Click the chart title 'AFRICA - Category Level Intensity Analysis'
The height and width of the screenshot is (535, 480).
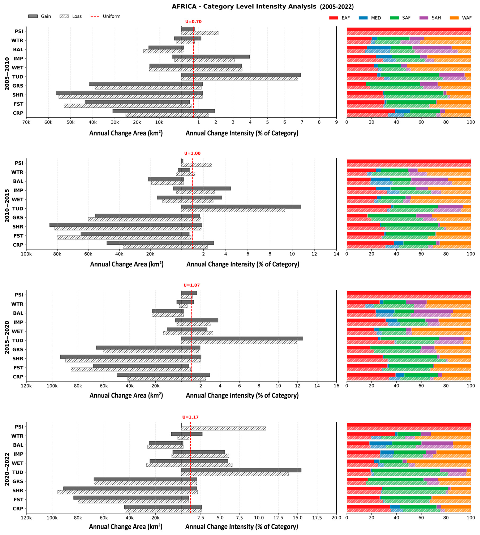pos(244,7)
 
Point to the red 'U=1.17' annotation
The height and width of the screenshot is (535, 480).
pos(190,417)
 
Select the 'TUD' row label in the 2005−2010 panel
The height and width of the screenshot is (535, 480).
pos(18,77)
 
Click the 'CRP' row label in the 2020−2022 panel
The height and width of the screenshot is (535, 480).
pos(18,509)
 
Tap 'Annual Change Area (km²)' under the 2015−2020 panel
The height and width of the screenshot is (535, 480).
pos(126,395)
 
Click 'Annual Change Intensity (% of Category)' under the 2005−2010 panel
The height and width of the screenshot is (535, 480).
pos(242,133)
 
